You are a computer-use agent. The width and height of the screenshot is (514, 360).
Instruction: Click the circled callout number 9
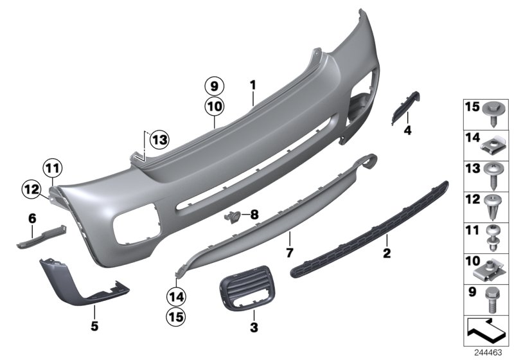[x=214, y=85]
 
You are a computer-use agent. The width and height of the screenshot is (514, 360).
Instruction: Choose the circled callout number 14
[x=175, y=297]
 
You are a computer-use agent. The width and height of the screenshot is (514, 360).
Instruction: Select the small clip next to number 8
[x=233, y=217]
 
